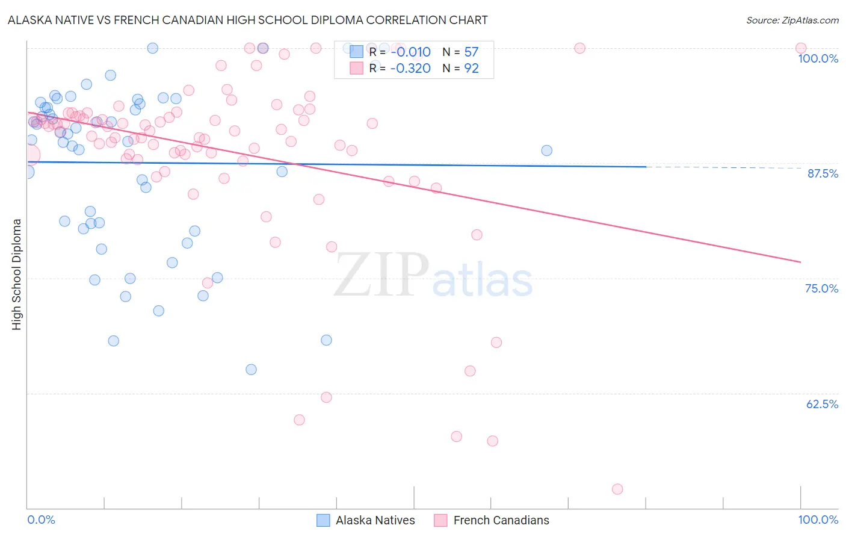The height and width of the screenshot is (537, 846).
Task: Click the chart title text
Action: (x=247, y=20)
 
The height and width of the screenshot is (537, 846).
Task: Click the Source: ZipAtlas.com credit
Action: (x=792, y=20)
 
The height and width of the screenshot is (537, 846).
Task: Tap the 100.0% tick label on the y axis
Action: (x=818, y=58)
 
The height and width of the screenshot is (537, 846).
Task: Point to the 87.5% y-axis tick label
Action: (x=823, y=173)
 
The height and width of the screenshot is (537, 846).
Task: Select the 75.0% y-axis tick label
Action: (x=821, y=288)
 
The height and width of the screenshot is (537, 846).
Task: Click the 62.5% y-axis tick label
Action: (x=822, y=404)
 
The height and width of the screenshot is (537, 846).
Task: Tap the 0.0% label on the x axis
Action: (x=42, y=520)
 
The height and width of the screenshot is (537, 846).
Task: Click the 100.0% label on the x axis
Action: (x=818, y=520)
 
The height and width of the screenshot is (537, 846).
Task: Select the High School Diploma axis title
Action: (x=17, y=274)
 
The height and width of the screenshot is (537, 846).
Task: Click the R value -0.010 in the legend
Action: (x=410, y=52)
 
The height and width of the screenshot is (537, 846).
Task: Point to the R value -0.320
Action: (x=410, y=69)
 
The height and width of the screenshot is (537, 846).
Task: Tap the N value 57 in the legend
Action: (x=471, y=52)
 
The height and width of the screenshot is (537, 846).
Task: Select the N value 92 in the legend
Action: (x=471, y=69)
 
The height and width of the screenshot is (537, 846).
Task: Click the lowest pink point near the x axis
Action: (x=617, y=489)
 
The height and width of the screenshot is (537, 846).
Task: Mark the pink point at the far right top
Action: (x=801, y=48)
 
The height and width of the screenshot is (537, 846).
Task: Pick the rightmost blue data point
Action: (x=546, y=151)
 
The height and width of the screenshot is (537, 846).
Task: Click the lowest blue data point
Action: (x=252, y=370)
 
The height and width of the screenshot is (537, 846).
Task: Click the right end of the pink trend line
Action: (x=800, y=262)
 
